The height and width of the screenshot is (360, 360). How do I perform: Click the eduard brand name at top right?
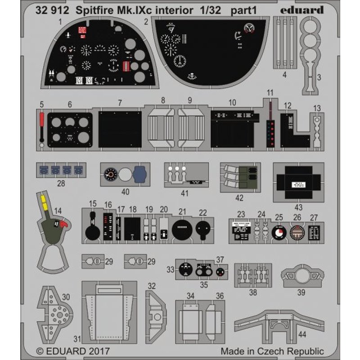pyautogui.click(x=304, y=9)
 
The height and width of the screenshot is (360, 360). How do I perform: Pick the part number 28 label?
pyautogui.click(x=61, y=183)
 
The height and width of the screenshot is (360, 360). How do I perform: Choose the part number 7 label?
pyautogui.click(x=120, y=103)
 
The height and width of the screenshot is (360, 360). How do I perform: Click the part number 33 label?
pyautogui.click(x=170, y=270)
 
